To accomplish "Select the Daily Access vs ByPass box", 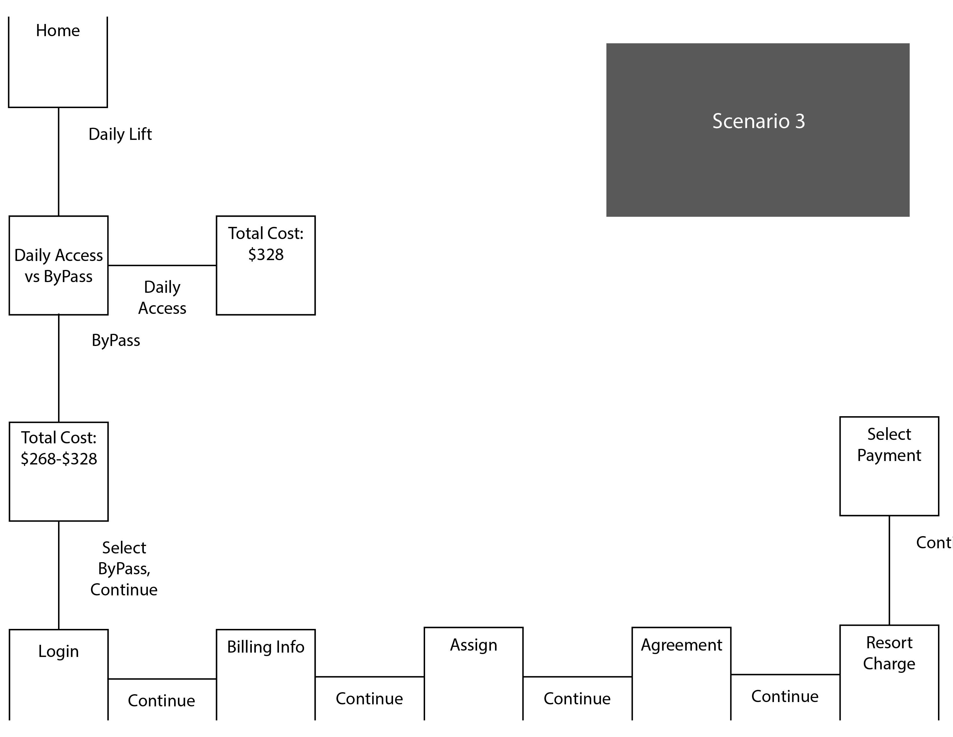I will tap(58, 265).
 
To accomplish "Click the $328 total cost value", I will tap(266, 255).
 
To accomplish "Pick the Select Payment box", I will tap(889, 466).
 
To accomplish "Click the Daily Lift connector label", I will tap(120, 134).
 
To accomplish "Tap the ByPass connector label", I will tap(116, 340).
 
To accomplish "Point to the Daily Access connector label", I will tap(162, 298).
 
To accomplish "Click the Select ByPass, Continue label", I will tap(124, 569).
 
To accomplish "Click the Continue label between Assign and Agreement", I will tap(577, 699).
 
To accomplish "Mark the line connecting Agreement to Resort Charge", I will tap(785, 675).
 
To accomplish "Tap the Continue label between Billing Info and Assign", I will tap(369, 699).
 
